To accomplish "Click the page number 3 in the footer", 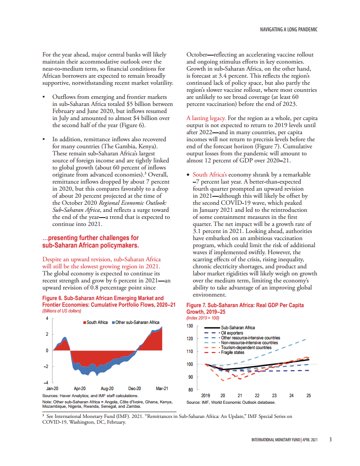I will [330, 440].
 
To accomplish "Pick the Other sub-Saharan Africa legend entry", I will [137, 322].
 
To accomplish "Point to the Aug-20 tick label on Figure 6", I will [107, 389].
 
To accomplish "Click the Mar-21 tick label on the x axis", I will [162, 389].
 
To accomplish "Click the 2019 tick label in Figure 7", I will [206, 396].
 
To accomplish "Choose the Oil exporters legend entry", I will [232, 333].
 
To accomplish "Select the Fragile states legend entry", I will [232, 353].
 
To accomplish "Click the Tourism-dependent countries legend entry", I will [246, 348].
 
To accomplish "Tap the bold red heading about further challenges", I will [90, 241].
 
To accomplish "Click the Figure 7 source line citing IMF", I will [231, 402].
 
